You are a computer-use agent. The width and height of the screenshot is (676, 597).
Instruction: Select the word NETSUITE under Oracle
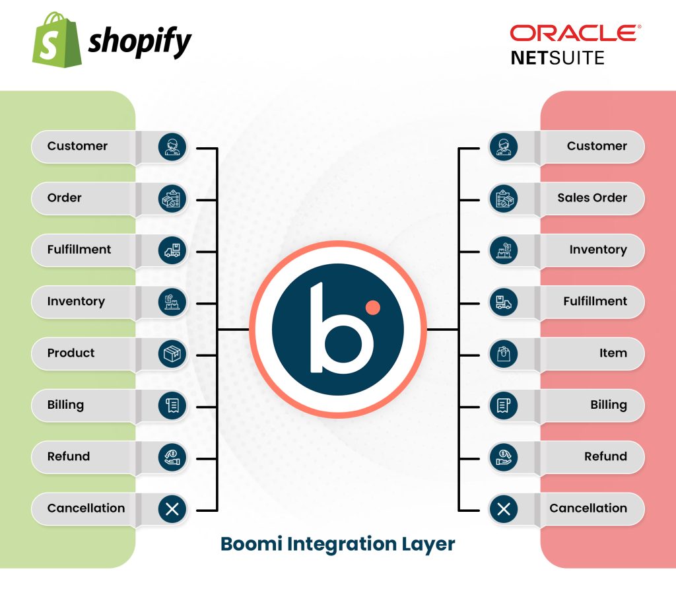558,58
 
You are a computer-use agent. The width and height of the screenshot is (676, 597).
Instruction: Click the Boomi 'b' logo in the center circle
337,328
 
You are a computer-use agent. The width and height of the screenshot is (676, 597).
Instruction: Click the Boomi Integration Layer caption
337,544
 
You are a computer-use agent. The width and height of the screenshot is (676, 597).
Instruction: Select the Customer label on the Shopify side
77,146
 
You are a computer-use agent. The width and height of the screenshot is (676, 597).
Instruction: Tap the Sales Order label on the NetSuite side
591,197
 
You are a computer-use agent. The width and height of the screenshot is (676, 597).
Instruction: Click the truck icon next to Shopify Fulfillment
172,250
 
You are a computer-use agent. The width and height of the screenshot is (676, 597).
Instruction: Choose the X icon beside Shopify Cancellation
172,509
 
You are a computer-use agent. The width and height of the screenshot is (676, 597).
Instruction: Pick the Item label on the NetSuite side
613,353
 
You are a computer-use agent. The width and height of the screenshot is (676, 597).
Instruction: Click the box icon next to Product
172,353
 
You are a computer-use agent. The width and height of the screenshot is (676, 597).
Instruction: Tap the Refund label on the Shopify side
68,456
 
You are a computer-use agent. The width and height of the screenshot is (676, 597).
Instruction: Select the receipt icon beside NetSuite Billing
503,405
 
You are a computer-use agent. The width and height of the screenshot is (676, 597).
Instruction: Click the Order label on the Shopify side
64,197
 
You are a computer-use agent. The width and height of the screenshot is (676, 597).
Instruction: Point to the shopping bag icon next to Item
503,353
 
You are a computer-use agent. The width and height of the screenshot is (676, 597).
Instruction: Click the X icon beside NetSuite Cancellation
503,509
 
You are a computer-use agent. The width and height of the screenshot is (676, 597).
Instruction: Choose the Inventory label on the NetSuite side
597,250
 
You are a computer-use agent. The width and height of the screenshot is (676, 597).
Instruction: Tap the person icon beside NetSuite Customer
503,146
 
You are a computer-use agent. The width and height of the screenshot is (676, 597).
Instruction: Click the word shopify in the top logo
139,42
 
